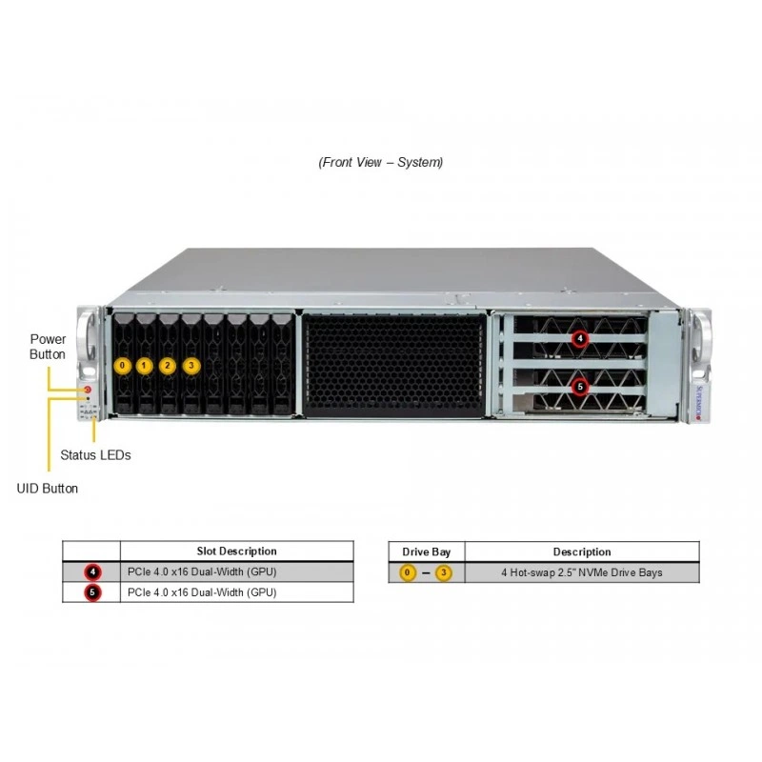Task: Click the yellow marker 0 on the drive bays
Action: click(x=123, y=366)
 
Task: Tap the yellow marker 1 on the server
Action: click(x=145, y=366)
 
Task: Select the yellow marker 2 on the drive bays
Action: click(x=168, y=366)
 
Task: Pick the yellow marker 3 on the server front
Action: click(x=191, y=366)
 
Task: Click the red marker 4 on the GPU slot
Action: click(x=580, y=338)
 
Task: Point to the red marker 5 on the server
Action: click(x=580, y=387)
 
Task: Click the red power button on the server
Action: click(x=88, y=390)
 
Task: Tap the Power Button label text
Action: click(x=48, y=347)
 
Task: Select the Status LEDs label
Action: click(x=96, y=455)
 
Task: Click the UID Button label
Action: click(x=47, y=489)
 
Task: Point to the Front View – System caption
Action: click(x=380, y=162)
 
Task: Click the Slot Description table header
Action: click(x=236, y=551)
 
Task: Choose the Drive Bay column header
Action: click(x=426, y=552)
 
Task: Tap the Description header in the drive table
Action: click(x=582, y=552)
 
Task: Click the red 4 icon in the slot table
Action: click(x=92, y=572)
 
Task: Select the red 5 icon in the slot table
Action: click(x=92, y=592)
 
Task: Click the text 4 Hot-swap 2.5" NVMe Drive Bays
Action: click(x=582, y=572)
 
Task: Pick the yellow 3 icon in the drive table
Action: click(x=443, y=573)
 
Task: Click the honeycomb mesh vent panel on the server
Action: click(x=394, y=365)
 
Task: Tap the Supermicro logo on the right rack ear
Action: click(x=699, y=403)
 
